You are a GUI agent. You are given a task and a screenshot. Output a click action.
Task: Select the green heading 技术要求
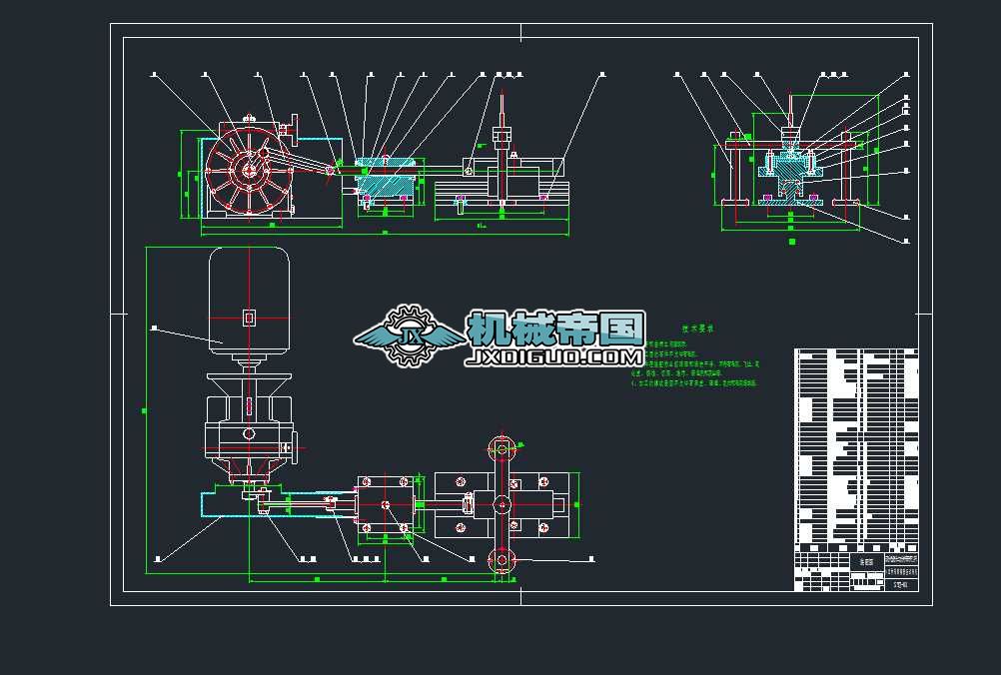click(695, 328)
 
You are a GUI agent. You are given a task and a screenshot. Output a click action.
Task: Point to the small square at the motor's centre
click(249, 318)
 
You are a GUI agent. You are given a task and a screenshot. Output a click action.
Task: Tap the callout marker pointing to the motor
click(154, 327)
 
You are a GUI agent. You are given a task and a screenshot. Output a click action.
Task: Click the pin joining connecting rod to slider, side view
click(332, 172)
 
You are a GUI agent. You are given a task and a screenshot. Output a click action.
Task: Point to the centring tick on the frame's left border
click(117, 314)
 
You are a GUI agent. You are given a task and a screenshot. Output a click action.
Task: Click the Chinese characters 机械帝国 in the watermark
click(555, 330)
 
